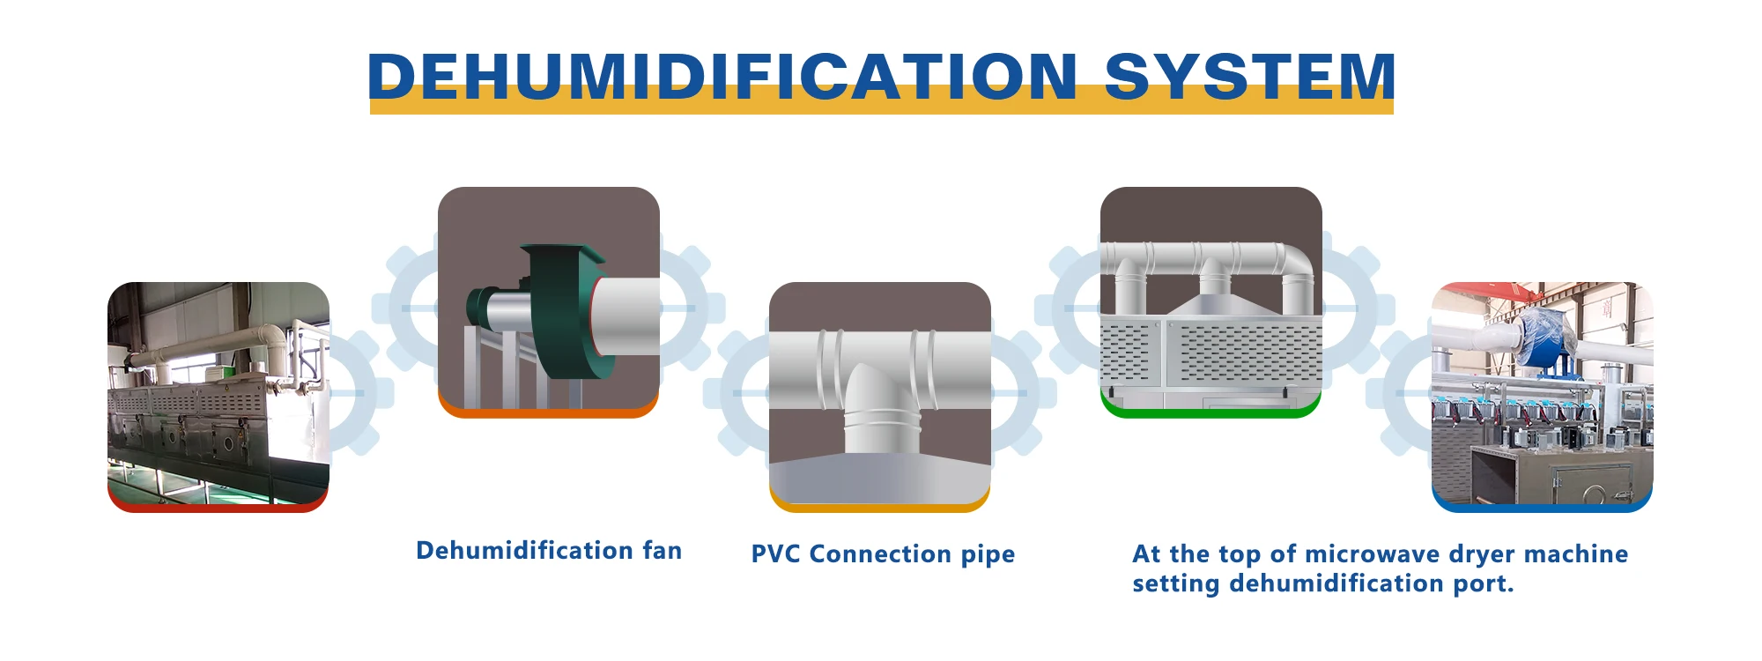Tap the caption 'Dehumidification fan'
pyautogui.click(x=549, y=551)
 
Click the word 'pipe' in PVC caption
pyautogui.click(x=988, y=556)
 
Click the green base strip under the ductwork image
pyautogui.click(x=1210, y=410)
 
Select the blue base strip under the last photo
pyautogui.click(x=1542, y=505)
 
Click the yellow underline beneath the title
pyautogui.click(x=881, y=106)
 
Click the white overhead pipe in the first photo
pyautogui.click(x=220, y=344)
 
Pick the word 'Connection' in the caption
pyautogui.click(x=880, y=554)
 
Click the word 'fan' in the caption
pyautogui.click(x=663, y=551)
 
